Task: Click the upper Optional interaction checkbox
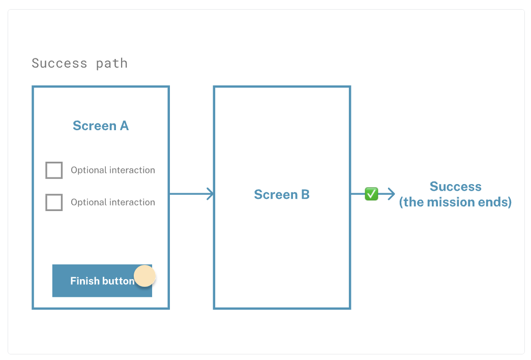54,170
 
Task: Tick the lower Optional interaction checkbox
54,202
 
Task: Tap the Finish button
102,281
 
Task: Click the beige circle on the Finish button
144,276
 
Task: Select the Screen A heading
101,126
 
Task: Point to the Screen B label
282,194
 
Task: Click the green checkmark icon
371,194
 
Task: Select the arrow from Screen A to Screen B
192,194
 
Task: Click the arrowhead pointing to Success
391,194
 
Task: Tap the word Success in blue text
456,187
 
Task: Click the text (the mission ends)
455,202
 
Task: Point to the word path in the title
112,64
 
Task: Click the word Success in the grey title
60,64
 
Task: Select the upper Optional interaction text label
113,170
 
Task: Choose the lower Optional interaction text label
113,202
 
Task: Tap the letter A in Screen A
124,126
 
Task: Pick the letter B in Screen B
305,194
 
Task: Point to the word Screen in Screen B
276,194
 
